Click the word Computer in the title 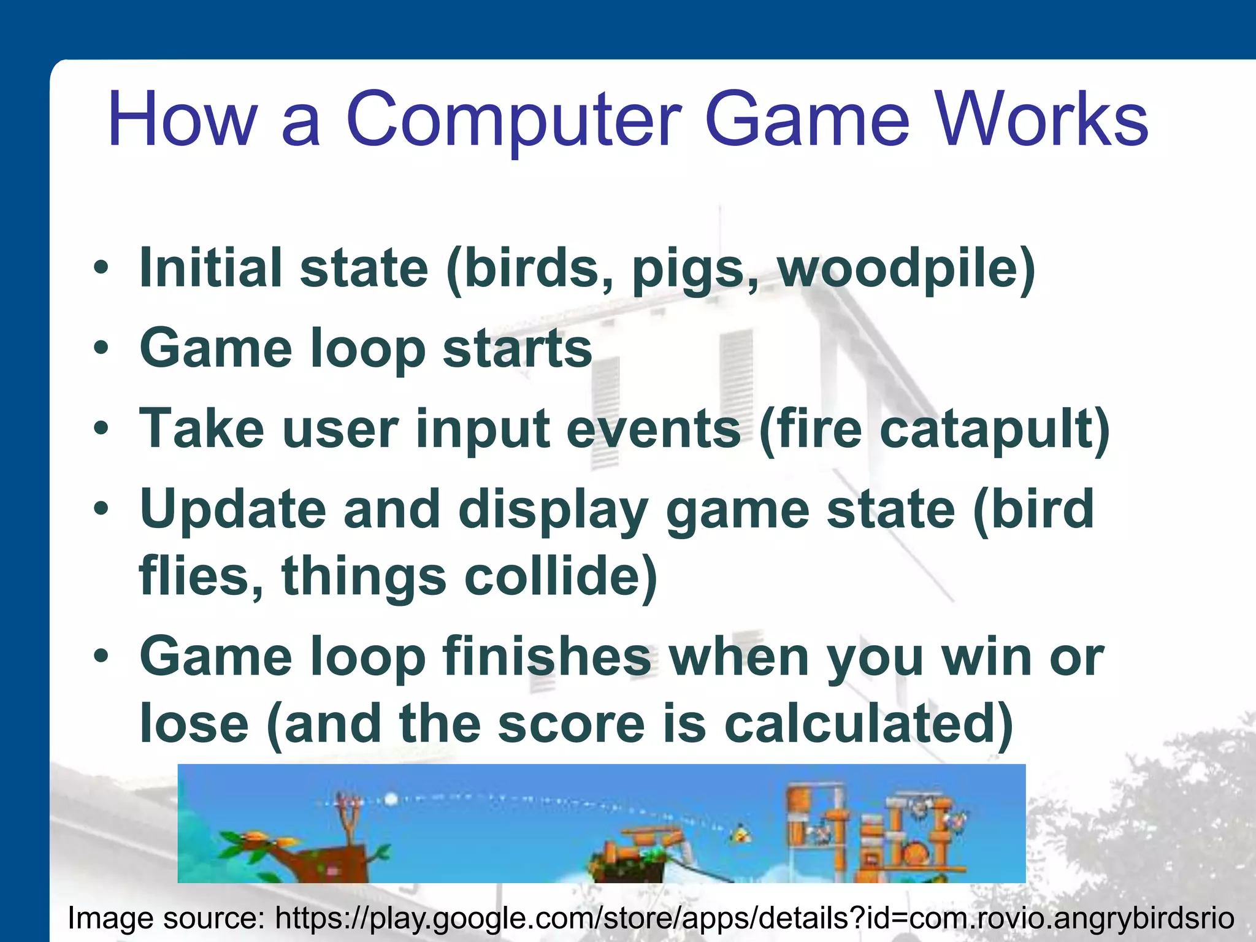[514, 121]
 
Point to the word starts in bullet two [517, 348]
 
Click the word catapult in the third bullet [994, 429]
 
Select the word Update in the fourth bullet [232, 510]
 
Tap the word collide [561, 576]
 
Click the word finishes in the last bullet [546, 657]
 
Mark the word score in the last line [571, 724]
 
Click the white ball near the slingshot [391, 799]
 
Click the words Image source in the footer [165, 918]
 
